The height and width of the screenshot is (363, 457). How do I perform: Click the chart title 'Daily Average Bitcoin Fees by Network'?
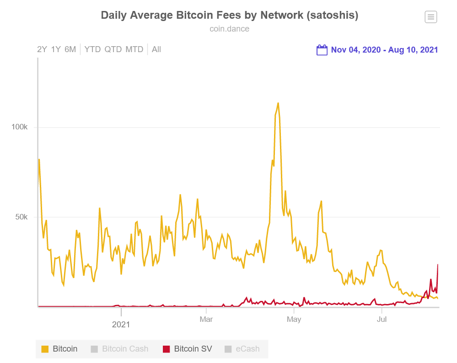(x=229, y=15)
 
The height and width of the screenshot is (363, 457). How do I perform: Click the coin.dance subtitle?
(x=229, y=29)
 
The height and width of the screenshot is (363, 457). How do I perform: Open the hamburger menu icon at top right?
(x=430, y=17)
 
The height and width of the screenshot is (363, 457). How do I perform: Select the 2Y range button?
(x=42, y=49)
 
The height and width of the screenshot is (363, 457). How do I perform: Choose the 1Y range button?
(x=56, y=49)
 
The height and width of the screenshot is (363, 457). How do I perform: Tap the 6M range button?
(x=70, y=49)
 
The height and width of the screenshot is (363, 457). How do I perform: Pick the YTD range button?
(x=92, y=49)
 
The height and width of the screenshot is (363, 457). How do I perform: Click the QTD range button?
(x=113, y=49)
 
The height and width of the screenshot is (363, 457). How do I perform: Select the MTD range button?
(x=134, y=49)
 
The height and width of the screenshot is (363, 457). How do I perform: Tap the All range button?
(x=156, y=49)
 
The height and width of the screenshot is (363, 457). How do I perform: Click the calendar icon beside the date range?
(x=322, y=50)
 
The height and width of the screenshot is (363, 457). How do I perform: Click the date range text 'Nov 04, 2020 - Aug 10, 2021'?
(x=384, y=50)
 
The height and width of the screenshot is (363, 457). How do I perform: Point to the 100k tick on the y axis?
(x=20, y=127)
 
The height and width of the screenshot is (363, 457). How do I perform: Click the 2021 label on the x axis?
(x=121, y=325)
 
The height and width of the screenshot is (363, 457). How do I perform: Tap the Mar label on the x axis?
(x=206, y=319)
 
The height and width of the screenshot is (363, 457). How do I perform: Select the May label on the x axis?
(x=294, y=319)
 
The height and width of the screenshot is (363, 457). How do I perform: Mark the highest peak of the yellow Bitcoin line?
(x=278, y=103)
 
